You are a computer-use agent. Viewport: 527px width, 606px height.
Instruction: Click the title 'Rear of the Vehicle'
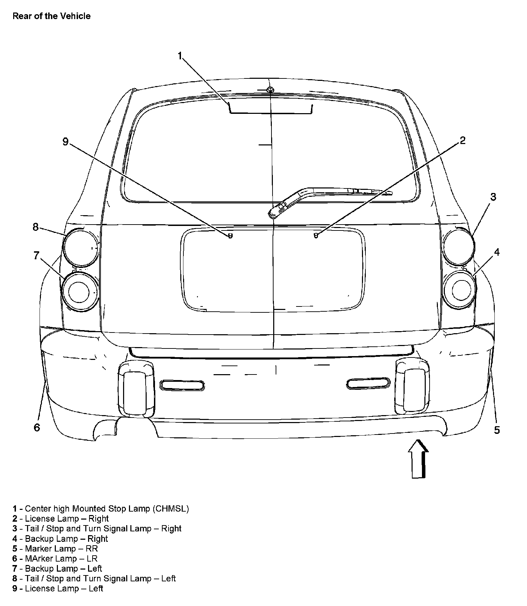click(51, 16)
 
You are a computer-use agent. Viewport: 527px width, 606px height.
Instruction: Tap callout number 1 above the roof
click(180, 56)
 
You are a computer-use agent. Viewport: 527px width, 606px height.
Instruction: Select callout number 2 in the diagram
click(462, 141)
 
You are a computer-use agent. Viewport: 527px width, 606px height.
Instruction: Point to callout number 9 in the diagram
click(66, 142)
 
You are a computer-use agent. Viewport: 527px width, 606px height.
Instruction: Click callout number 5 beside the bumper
click(497, 430)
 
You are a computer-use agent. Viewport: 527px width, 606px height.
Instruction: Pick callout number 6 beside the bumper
click(37, 427)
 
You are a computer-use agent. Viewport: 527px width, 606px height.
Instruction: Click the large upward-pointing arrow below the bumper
click(418, 459)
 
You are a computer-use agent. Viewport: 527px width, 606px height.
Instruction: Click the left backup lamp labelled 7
click(79, 291)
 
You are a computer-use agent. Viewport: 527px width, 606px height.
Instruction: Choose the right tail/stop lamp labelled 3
click(459, 246)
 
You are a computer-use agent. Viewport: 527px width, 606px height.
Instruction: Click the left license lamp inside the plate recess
click(230, 236)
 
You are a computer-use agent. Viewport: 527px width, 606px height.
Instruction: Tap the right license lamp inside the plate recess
click(316, 236)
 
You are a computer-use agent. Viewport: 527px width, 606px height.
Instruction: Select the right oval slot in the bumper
click(368, 383)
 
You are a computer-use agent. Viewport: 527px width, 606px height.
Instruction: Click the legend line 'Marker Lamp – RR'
click(55, 549)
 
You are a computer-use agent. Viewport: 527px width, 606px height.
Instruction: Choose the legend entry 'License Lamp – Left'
click(58, 588)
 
